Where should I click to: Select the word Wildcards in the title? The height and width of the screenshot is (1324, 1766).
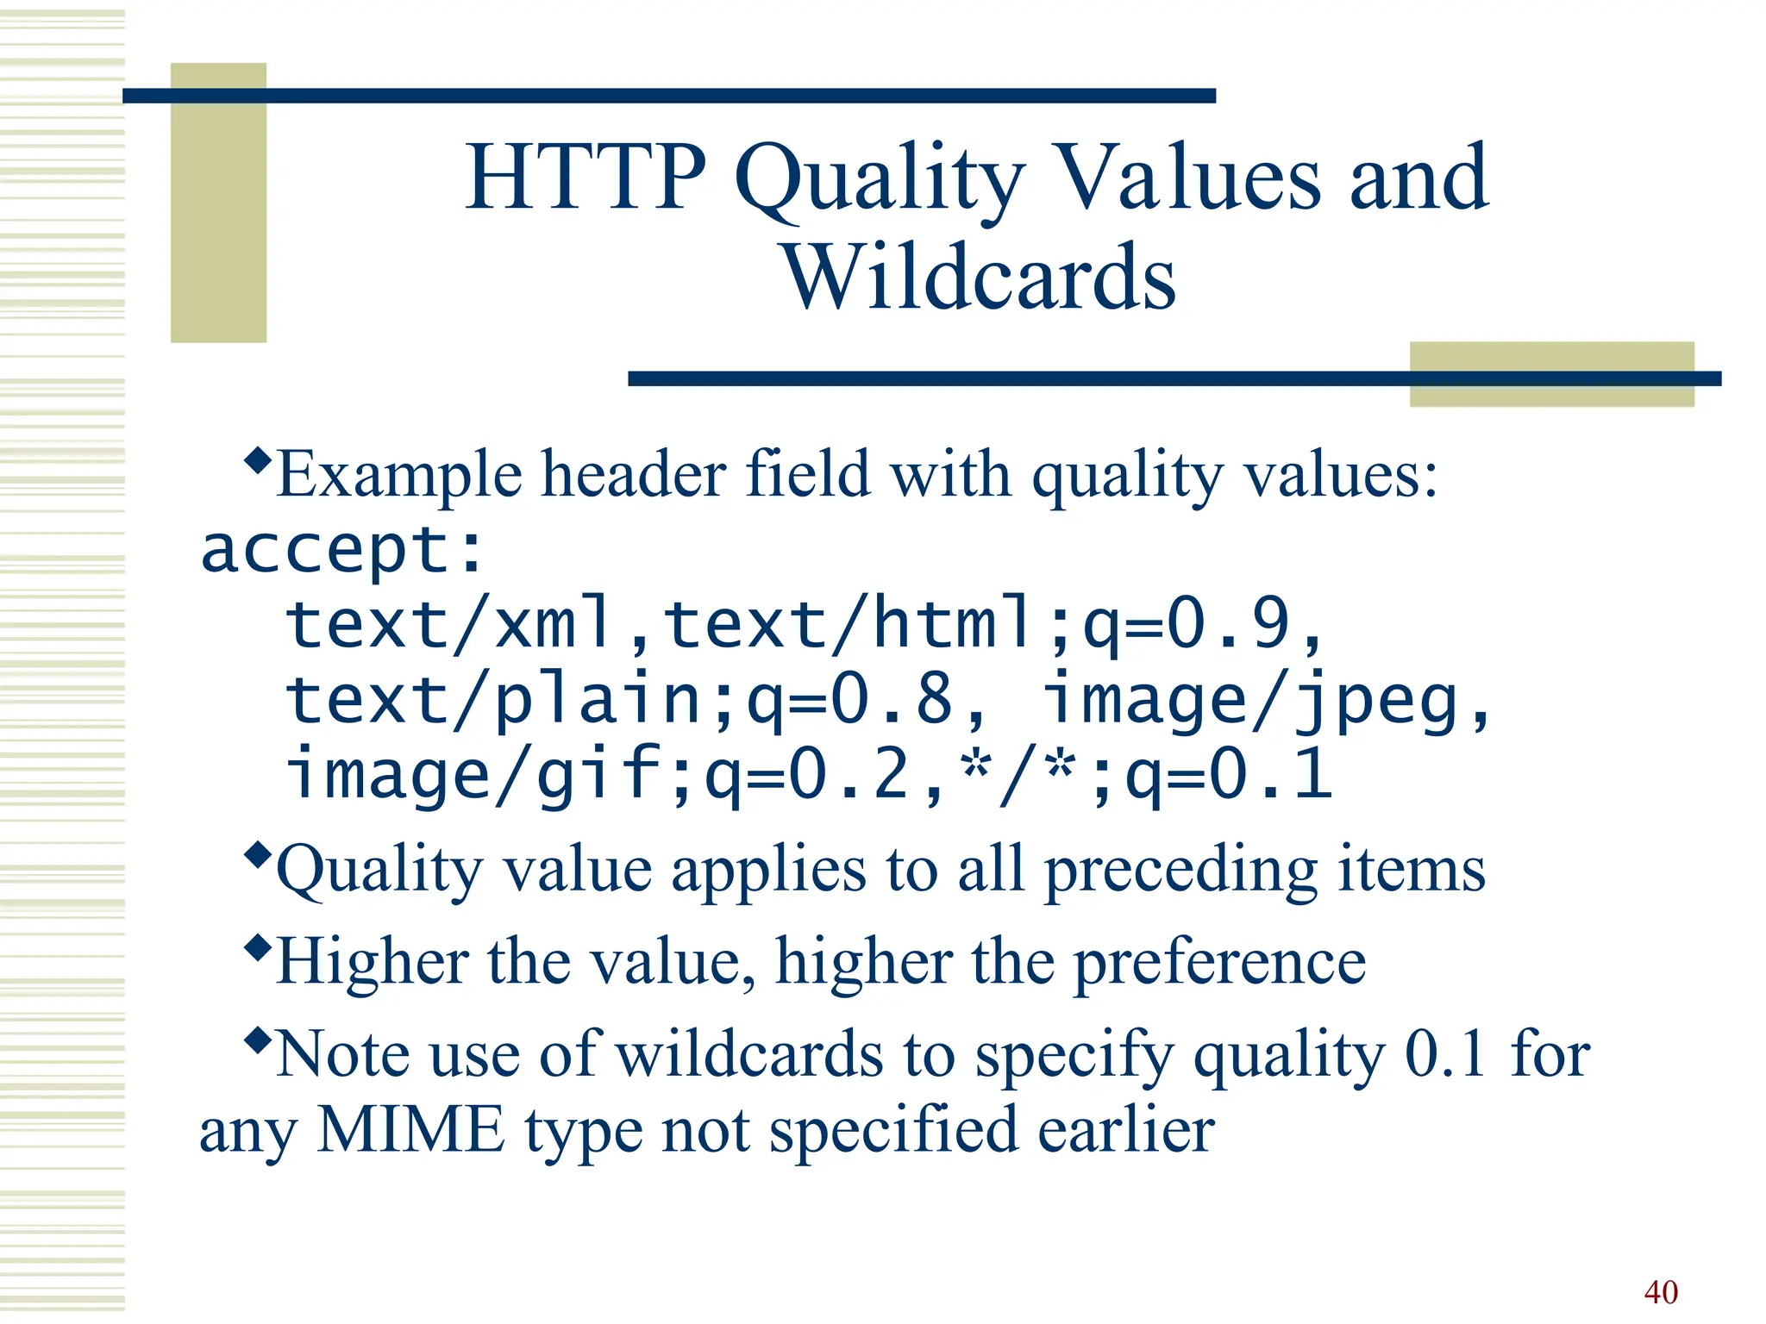[x=979, y=278]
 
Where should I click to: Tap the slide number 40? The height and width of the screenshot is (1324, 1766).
[x=1660, y=1292]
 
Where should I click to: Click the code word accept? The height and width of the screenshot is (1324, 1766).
[x=342, y=550]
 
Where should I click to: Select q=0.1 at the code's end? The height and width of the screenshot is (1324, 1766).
[x=1229, y=774]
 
